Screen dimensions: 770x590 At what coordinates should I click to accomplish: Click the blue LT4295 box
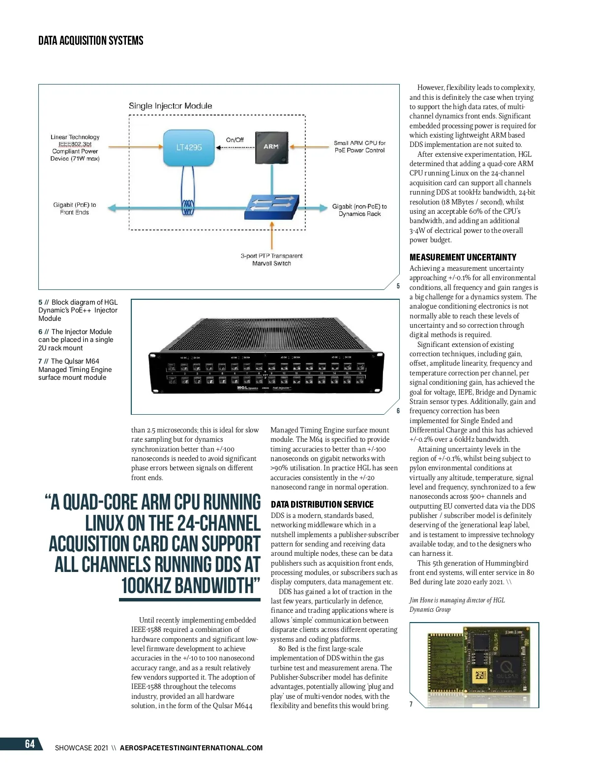(189, 147)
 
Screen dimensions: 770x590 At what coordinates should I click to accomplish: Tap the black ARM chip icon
(271, 147)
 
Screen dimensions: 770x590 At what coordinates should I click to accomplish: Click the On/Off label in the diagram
(235, 140)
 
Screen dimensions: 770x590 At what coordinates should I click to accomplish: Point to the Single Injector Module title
(171, 106)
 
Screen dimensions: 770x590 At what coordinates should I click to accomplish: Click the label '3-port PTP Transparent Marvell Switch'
(271, 259)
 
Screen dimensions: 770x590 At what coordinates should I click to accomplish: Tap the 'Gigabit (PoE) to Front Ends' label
(75, 208)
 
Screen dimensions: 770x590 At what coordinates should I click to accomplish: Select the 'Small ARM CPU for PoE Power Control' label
(359, 146)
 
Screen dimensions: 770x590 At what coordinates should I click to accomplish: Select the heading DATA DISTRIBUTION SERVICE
(322, 504)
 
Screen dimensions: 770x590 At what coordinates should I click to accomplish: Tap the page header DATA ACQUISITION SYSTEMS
(91, 40)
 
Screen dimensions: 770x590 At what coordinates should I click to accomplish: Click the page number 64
(29, 744)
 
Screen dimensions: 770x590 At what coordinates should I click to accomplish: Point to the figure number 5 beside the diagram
(398, 286)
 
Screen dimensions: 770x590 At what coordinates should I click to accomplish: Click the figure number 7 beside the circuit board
(411, 704)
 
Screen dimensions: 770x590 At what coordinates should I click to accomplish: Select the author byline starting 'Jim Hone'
(457, 604)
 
